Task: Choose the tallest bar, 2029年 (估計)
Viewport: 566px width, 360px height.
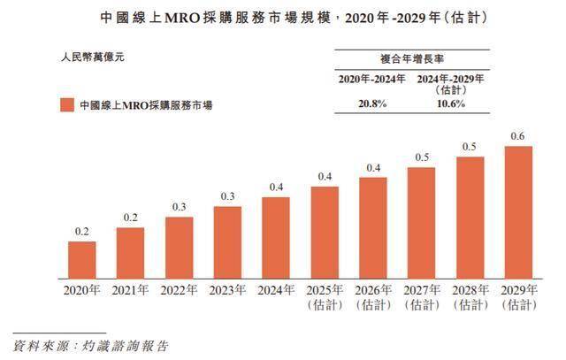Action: [518, 212]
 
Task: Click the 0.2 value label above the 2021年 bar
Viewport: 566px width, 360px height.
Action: [131, 218]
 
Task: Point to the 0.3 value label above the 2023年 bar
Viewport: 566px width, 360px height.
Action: [227, 196]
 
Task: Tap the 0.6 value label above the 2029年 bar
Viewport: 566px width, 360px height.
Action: [518, 136]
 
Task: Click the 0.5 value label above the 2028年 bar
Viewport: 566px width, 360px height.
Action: [470, 147]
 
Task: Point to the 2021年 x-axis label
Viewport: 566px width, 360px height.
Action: [131, 289]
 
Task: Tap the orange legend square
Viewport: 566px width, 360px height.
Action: [67, 105]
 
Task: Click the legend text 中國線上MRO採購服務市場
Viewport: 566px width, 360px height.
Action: [145, 106]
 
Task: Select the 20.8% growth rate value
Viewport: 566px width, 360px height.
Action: [371, 104]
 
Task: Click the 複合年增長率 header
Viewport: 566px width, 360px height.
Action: [411, 59]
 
